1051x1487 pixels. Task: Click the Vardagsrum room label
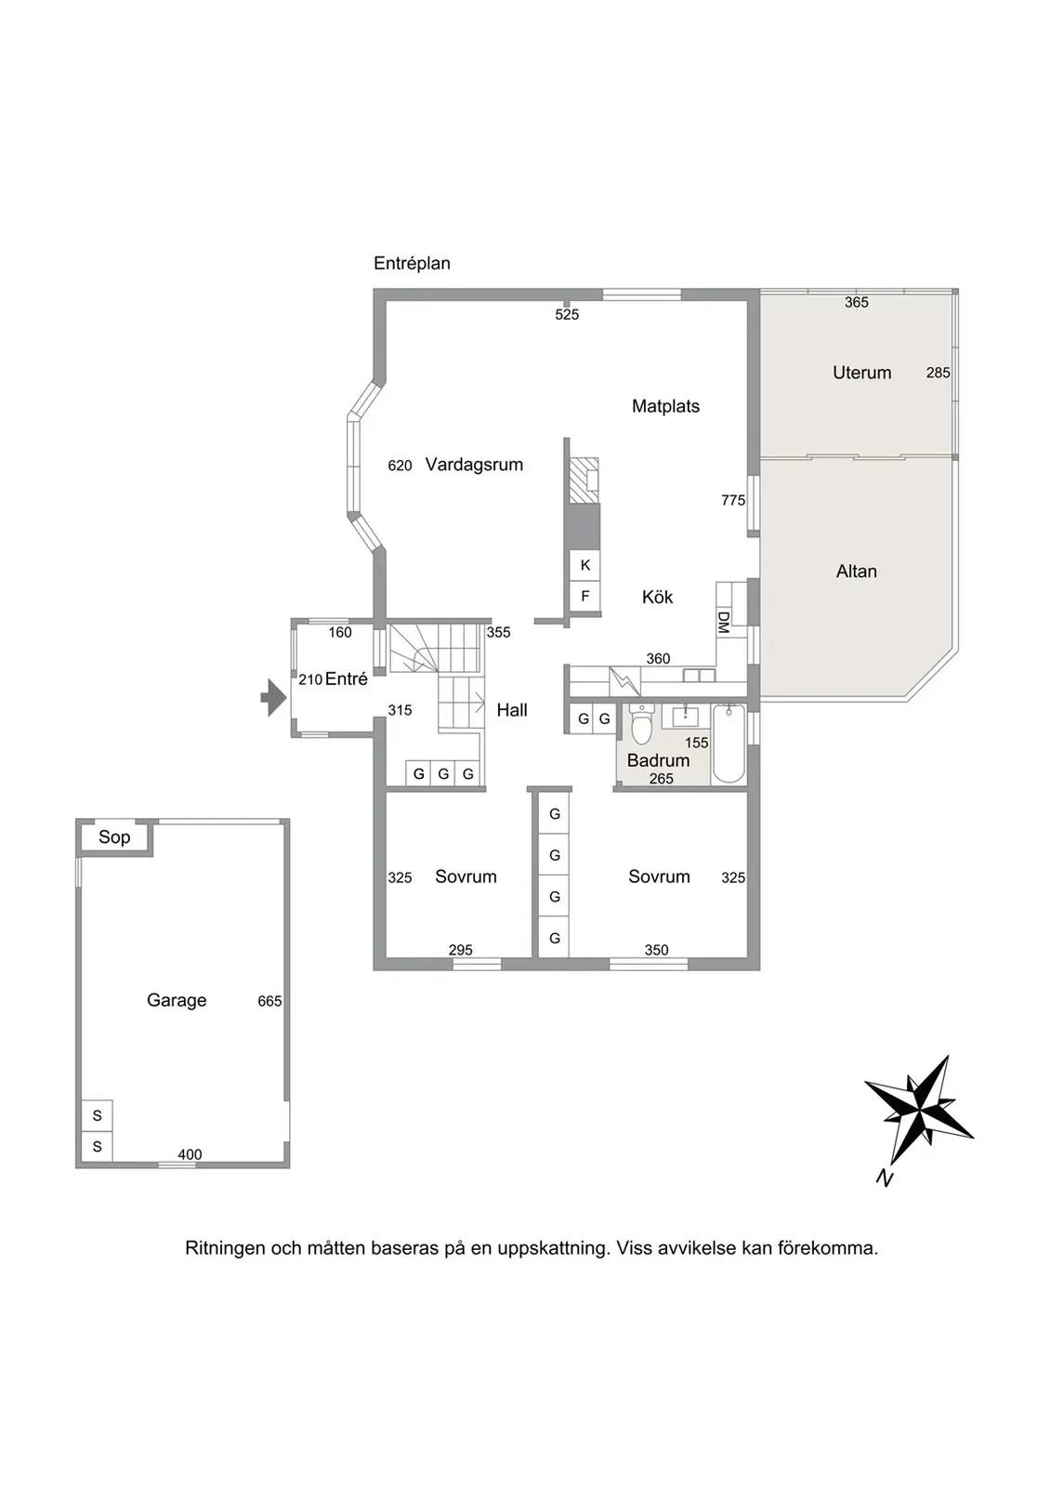coord(474,465)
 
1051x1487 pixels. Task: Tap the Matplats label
coord(665,406)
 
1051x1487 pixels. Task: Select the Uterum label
coord(861,373)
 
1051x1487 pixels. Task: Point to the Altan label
coord(857,571)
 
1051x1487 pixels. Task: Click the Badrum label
coord(658,760)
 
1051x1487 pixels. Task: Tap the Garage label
coord(177,1000)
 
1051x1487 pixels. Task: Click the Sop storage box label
coord(114,837)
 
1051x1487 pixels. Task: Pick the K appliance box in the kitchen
coord(585,565)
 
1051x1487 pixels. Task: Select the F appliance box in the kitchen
coord(585,596)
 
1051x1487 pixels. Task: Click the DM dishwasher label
coord(724,622)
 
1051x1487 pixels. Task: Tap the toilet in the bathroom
coord(641,724)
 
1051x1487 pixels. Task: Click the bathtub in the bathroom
coord(729,743)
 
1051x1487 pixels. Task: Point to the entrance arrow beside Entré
coord(273,698)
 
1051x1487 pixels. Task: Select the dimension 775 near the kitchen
coord(733,501)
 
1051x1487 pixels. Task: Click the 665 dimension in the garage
coord(269,1001)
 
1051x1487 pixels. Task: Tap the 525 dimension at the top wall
coord(567,315)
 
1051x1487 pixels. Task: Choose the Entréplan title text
coord(412,264)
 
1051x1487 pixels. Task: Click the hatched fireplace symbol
coord(585,480)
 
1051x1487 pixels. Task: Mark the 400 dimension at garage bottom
coord(190,1154)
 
